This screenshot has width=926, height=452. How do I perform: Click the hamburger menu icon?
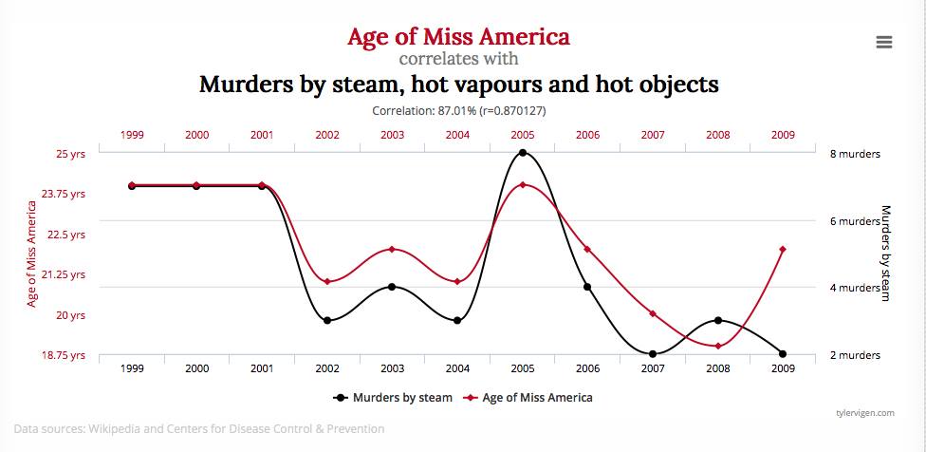(884, 42)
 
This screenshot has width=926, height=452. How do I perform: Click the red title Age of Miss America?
(458, 37)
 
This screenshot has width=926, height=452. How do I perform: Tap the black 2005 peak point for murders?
(522, 153)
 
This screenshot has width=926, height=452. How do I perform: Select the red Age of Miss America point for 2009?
(782, 249)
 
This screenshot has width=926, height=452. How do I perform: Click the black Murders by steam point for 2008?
(717, 320)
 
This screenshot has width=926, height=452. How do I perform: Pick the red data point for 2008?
(717, 346)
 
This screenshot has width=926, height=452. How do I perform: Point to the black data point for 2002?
(327, 320)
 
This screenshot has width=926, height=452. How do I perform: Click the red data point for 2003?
(392, 249)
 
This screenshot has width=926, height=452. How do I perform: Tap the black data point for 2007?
(653, 354)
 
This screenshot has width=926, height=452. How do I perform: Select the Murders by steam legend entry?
(392, 397)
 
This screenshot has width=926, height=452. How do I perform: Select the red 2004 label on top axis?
(457, 135)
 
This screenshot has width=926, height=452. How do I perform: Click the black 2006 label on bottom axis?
(587, 367)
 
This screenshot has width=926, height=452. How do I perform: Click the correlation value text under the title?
(458, 110)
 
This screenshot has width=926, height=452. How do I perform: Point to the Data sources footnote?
(199, 428)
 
